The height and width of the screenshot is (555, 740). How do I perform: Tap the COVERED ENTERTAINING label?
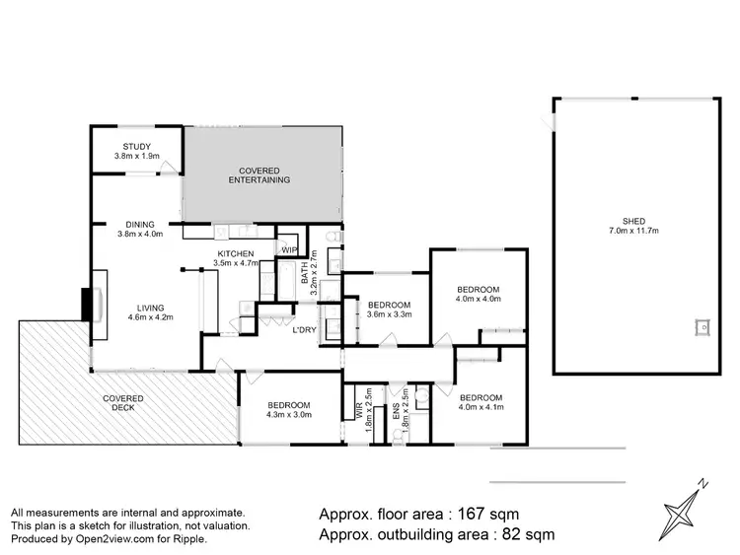point(259,174)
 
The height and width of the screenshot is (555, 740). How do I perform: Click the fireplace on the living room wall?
point(90,303)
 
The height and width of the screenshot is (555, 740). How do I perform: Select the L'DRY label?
point(304,329)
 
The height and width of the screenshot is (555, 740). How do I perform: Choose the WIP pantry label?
point(289,250)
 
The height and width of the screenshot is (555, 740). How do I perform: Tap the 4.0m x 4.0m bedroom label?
point(479,294)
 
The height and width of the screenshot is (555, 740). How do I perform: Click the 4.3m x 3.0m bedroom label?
point(288,410)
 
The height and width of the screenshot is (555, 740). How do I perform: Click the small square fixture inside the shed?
point(702,326)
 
